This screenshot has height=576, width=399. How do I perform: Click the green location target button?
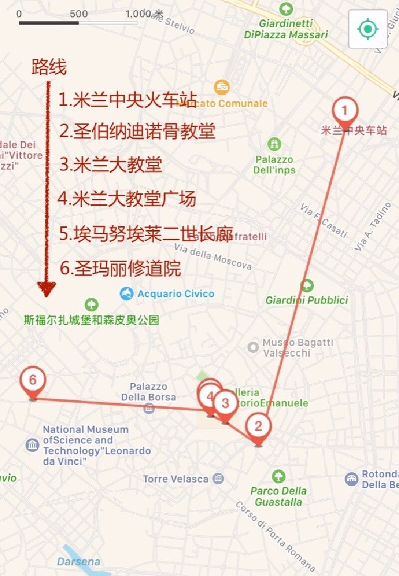click(x=368, y=29)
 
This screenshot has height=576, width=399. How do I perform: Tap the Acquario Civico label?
click(x=176, y=294)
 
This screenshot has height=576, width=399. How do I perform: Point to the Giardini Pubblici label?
click(x=307, y=300)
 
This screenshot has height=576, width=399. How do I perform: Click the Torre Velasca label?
click(x=176, y=479)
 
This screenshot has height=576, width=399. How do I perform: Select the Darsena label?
click(x=78, y=562)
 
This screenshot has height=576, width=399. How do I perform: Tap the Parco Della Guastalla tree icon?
click(x=278, y=476)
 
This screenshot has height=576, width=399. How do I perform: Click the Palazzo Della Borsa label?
click(x=149, y=392)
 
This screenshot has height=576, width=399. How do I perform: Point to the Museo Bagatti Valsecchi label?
click(x=298, y=348)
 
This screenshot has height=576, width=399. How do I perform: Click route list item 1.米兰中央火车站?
click(x=128, y=100)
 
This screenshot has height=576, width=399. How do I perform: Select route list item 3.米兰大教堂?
click(x=110, y=165)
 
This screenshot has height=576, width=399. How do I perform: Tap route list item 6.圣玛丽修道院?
click(x=120, y=269)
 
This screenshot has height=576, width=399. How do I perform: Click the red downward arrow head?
click(x=46, y=288)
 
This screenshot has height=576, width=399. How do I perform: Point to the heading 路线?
click(x=49, y=67)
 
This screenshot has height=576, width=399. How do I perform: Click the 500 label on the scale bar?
click(x=79, y=14)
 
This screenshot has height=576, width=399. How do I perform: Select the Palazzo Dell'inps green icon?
click(x=274, y=144)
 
